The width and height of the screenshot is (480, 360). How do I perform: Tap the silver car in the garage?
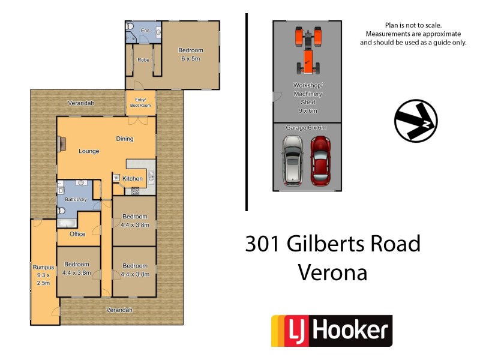(292, 160)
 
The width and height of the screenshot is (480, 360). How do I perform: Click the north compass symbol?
(416, 121)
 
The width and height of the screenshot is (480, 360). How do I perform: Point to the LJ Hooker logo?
(332, 331)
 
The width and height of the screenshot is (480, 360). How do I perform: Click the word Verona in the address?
(332, 273)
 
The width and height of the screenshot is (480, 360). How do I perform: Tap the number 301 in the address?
(263, 244)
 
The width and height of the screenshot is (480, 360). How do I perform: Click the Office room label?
(77, 234)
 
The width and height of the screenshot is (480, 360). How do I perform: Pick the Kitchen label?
(133, 179)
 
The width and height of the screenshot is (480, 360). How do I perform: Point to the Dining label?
(125, 139)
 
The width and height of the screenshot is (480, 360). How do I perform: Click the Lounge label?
(89, 151)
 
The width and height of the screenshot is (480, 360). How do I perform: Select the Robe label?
(143, 60)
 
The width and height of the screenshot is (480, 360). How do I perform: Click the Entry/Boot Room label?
(140, 103)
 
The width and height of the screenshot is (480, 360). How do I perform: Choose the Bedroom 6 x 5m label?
(191, 54)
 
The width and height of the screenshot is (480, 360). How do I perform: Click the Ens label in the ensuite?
(145, 30)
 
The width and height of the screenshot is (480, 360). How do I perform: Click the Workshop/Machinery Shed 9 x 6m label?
(307, 98)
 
